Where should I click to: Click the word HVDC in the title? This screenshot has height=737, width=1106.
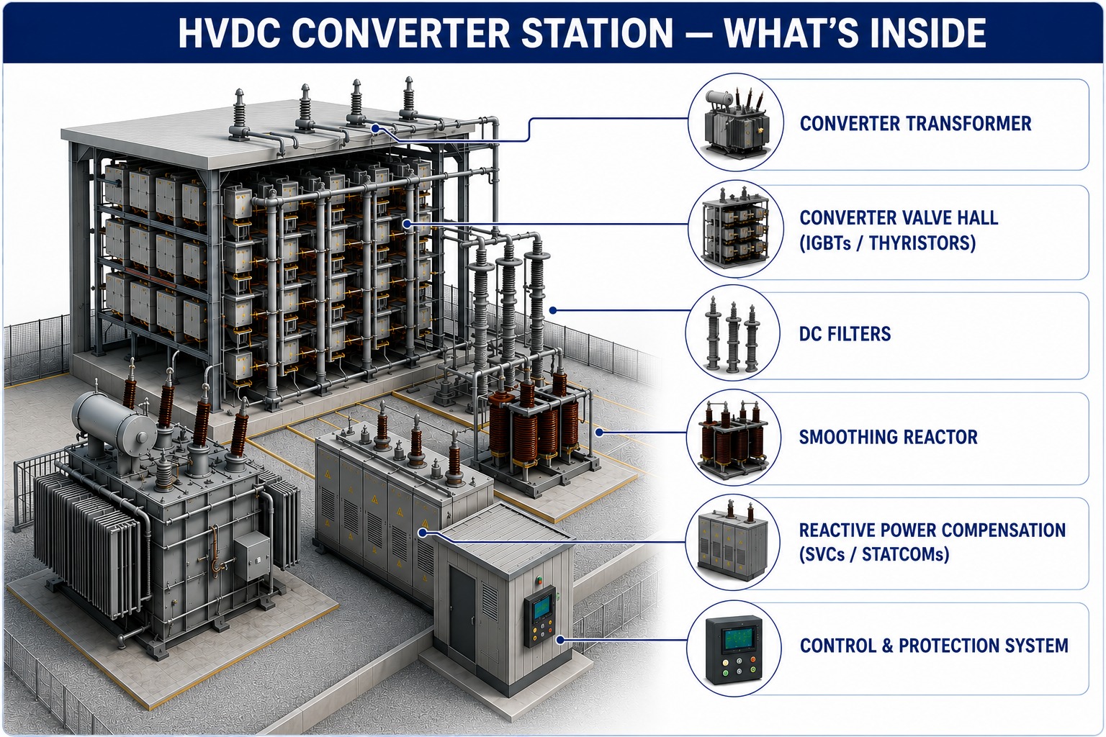point(230,33)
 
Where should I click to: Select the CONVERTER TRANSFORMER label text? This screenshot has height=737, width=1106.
point(915,123)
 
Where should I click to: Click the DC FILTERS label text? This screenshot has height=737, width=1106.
point(845,334)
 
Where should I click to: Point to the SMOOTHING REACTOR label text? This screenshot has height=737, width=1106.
point(889,437)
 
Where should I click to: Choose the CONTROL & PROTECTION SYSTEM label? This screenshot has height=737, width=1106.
point(934,646)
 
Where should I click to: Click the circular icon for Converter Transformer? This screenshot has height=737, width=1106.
point(736,122)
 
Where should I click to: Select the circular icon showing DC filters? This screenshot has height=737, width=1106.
point(733,333)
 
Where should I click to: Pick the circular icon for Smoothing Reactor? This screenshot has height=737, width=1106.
point(734,438)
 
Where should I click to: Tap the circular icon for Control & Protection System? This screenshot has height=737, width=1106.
point(734,648)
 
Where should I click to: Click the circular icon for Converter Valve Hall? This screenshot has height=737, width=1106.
point(736,229)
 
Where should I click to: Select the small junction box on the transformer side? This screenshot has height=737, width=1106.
point(252,557)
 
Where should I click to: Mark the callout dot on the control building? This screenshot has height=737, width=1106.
point(560,641)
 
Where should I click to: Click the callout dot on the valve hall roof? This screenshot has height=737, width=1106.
point(375,128)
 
